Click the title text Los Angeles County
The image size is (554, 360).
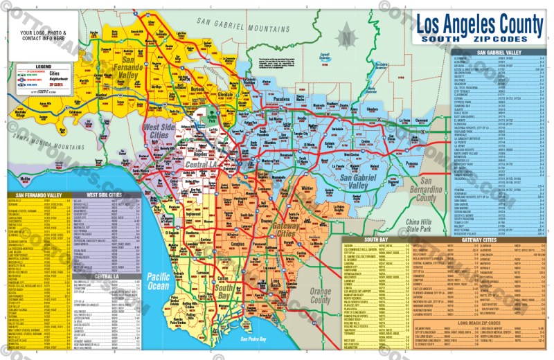480,25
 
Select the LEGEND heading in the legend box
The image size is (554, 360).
43,66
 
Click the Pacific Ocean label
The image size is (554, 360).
158,280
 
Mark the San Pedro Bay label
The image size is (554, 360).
253,339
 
